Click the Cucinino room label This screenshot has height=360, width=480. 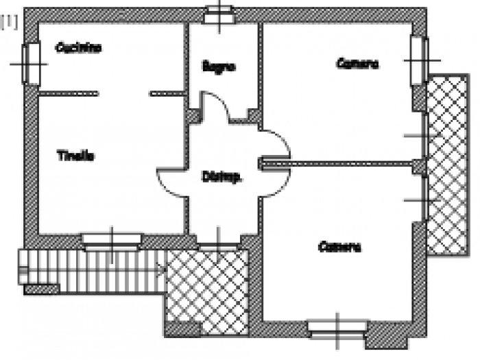pos(78,48)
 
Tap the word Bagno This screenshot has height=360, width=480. pos(219,67)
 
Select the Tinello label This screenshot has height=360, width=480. pos(75,156)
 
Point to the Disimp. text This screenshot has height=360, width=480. pos(221,177)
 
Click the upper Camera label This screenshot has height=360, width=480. pos(357,63)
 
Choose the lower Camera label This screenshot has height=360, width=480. pos(339,246)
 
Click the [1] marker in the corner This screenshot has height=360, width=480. pos(9,23)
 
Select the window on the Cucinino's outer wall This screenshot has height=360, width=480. pos(30,64)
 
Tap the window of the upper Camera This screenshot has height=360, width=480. pos(418,60)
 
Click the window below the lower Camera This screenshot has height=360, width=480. pos(337,327)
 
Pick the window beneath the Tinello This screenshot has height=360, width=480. pos(112,239)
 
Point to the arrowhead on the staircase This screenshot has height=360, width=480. pos(162,270)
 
